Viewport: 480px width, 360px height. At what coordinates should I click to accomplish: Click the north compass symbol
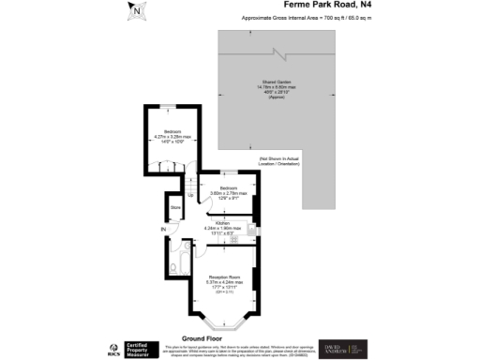click(138, 11)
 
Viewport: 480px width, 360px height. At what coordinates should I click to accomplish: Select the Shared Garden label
click(275, 87)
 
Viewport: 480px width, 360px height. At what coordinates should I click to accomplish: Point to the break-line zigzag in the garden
click(275, 53)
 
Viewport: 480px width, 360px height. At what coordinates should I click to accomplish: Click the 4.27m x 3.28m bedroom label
click(172, 136)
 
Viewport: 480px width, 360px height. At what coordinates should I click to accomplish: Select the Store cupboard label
click(174, 208)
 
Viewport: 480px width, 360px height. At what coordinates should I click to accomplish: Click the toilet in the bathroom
click(175, 267)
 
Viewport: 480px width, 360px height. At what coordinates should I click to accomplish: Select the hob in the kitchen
click(251, 228)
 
